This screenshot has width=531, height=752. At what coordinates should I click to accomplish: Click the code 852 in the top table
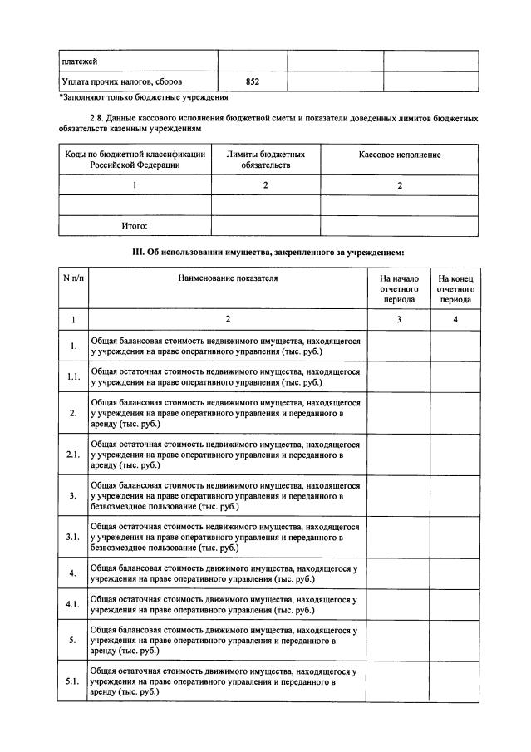[253, 81]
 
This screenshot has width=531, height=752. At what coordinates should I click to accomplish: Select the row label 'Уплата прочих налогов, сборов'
[122, 81]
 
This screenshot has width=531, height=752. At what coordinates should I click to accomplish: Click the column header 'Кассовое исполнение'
[399, 155]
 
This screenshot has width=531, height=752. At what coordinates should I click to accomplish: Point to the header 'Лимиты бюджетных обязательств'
[265, 160]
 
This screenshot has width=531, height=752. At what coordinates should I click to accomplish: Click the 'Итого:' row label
[135, 225]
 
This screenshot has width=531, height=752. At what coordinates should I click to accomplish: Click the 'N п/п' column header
[73, 278]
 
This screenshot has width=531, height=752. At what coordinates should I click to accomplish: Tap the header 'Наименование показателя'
[227, 278]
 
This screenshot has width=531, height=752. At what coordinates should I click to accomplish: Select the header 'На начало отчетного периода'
[399, 288]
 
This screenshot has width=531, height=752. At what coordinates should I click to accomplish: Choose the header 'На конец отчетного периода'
[455, 288]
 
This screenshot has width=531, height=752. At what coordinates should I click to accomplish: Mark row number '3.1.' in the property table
[73, 538]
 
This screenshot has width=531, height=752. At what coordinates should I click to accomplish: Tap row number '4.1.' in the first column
[73, 604]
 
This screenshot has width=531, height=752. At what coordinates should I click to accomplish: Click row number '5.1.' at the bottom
[73, 681]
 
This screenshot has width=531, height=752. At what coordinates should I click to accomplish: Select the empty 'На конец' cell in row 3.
[455, 496]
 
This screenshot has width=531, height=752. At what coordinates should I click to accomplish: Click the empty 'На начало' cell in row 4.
[399, 573]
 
